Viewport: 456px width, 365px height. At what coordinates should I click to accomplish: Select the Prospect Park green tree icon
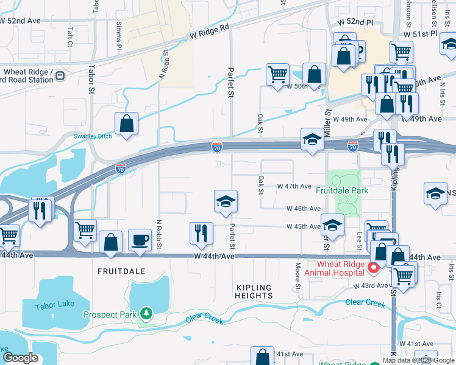[146, 314]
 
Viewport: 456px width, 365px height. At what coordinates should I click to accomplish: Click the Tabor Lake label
[53, 307]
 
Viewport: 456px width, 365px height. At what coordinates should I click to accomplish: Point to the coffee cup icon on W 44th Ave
[140, 240]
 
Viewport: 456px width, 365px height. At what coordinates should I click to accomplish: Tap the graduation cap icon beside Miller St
[312, 140]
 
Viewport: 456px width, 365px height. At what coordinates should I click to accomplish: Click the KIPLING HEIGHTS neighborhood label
[254, 291]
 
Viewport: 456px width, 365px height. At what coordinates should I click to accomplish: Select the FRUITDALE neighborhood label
[122, 271]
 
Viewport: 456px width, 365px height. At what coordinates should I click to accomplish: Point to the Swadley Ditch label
[93, 136]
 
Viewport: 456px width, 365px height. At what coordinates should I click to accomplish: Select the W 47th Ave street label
[294, 186]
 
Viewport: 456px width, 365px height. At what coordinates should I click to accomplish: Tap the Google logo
[20, 358]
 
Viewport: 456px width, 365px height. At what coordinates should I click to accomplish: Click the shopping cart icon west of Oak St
[277, 74]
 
